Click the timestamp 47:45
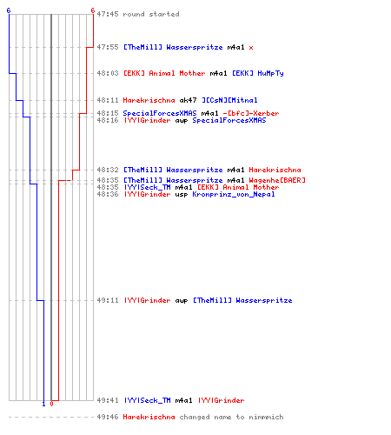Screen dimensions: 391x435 coord(108,14)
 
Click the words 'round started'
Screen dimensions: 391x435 coord(151,14)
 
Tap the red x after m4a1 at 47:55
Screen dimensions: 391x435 coord(251,48)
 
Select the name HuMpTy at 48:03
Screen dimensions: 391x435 coord(270,73)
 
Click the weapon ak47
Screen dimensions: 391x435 coord(188,100)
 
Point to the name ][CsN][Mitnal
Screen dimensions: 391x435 coord(229,100)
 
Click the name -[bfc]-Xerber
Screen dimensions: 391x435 coord(251,113)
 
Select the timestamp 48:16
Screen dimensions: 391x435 coord(108,120)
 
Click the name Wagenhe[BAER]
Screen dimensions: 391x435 coord(277,180)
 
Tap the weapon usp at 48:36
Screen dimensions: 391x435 coord(182,195)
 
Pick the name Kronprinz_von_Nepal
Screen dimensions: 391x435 coord(234,194)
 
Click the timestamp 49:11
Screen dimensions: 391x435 coord(108,300)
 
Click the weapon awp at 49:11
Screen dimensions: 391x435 coord(182,301)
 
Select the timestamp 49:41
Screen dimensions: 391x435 coord(108,400)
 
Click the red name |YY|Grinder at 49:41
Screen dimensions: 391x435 coord(222,400)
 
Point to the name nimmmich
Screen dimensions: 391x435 coord(266,417)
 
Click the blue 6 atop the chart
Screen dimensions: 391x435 coord(9,10)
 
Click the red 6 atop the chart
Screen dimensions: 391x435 coord(93,10)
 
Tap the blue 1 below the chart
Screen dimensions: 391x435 coord(43,405)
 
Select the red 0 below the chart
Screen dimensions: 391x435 coord(51,404)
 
